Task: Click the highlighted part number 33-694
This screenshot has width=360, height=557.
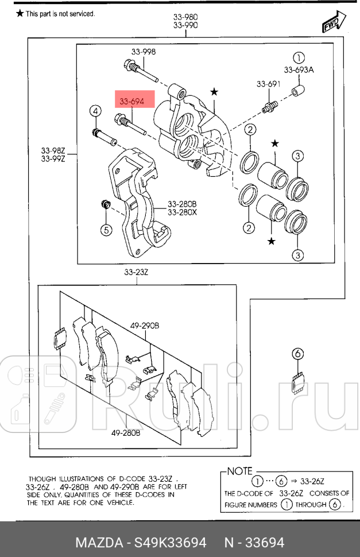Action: click(131, 102)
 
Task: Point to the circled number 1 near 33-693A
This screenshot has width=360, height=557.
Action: click(299, 57)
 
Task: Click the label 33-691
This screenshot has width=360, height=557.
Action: click(268, 84)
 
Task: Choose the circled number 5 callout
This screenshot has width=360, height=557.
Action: click(106, 230)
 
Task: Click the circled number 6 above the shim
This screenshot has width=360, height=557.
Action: click(298, 354)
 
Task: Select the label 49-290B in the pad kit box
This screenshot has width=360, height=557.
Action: click(144, 326)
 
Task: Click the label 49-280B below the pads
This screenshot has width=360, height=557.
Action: click(126, 433)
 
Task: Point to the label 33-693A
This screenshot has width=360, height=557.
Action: click(299, 70)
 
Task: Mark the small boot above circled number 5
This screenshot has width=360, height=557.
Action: click(106, 204)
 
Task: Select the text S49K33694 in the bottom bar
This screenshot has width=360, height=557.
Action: click(169, 543)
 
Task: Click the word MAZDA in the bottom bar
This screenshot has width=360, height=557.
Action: click(99, 543)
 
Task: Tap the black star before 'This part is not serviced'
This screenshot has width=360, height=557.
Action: click(20, 13)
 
